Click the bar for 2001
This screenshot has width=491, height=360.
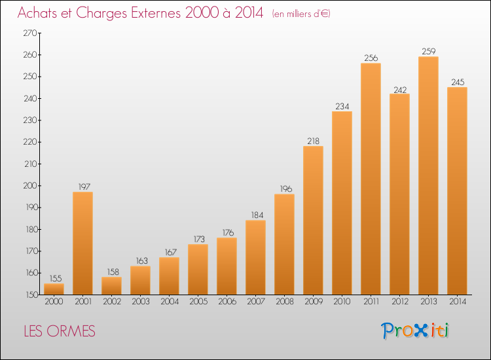(x=82, y=243)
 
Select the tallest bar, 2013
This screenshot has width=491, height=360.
(x=428, y=175)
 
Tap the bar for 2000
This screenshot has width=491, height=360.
(x=54, y=289)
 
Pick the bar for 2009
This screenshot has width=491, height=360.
(x=313, y=221)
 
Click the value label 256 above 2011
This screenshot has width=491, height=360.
(x=371, y=58)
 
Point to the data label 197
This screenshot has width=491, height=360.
(x=84, y=187)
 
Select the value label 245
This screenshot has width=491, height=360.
(x=458, y=82)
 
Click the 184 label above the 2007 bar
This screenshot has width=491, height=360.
(x=257, y=215)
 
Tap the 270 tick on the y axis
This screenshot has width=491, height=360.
(x=30, y=33)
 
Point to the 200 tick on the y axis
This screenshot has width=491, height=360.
(x=30, y=186)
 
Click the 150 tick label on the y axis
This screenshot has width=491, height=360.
(x=31, y=295)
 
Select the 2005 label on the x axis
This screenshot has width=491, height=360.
(x=198, y=302)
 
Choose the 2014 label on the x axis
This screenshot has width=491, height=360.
(x=458, y=302)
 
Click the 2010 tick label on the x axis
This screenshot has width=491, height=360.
(x=342, y=302)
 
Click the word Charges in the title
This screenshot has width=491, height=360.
(x=101, y=14)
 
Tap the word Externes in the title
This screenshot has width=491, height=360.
(x=156, y=12)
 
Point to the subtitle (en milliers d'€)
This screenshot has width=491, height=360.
(x=301, y=14)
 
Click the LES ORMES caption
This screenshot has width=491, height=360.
(x=60, y=331)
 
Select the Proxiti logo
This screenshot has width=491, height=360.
(x=414, y=331)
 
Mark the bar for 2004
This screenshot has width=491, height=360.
(x=169, y=276)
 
